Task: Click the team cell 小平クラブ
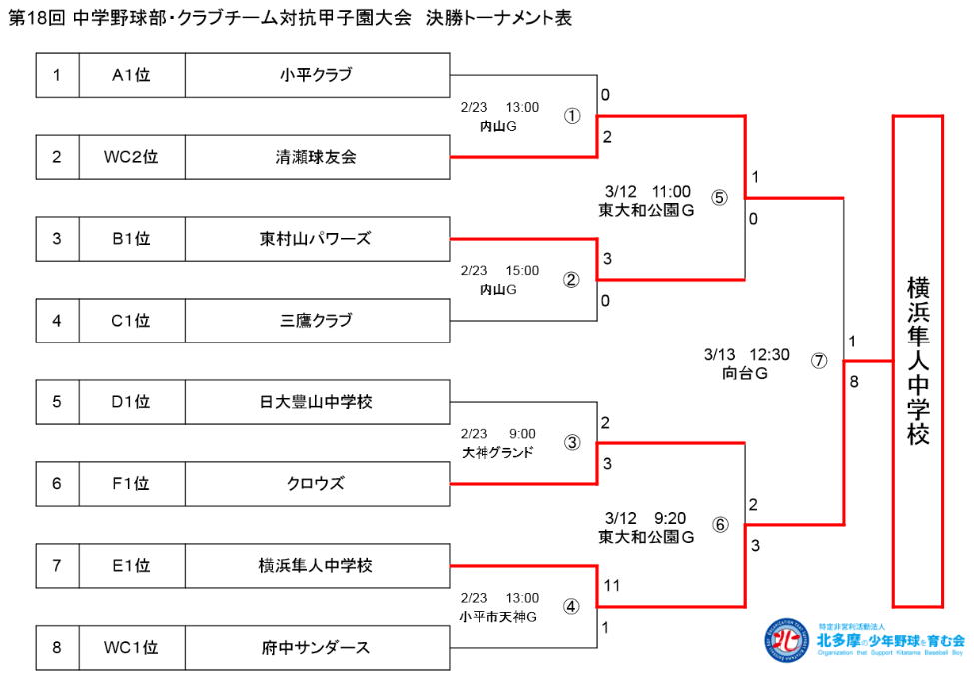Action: [316, 74]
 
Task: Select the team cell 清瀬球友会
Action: [316, 156]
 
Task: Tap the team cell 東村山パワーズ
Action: [316, 238]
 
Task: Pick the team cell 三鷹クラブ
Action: [316, 320]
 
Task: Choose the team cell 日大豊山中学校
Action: [316, 402]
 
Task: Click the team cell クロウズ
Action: [316, 484]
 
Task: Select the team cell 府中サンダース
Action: [316, 648]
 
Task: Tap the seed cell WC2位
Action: [130, 156]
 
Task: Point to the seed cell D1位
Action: [130, 402]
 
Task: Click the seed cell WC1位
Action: [130, 648]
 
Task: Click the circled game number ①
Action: [571, 115]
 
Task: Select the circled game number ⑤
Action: [719, 197]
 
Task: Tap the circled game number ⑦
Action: [819, 361]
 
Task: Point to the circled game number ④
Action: [571, 606]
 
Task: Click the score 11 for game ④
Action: [611, 586]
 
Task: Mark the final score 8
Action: [853, 380]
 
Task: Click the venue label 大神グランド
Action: [497, 451]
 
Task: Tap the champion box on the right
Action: [917, 360]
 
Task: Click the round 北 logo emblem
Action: [788, 641]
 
